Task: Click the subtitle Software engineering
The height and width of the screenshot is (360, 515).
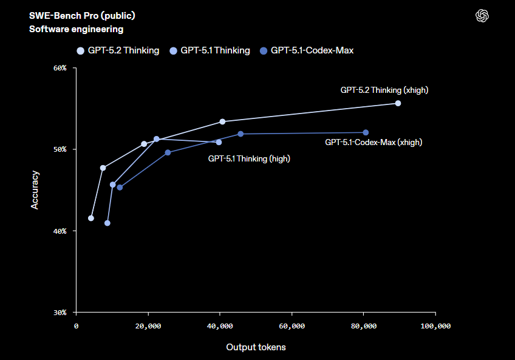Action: [76, 29]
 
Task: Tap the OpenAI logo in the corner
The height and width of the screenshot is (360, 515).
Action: [482, 16]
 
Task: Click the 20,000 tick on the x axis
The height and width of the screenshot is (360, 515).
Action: [148, 327]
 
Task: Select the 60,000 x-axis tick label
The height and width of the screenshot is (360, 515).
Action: [292, 327]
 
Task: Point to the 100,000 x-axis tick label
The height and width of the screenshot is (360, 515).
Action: [435, 327]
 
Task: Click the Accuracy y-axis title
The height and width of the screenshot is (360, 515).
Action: [35, 190]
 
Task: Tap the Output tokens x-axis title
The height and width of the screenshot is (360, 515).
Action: [256, 347]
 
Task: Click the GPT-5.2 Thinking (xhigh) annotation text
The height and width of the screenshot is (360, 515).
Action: [384, 90]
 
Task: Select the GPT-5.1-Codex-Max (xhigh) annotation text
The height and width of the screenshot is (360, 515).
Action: [373, 142]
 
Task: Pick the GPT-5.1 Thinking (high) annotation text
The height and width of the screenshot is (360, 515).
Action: [249, 158]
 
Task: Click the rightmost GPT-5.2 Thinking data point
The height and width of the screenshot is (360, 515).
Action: [398, 103]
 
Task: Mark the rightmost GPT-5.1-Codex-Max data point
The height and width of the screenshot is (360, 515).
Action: [366, 132]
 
